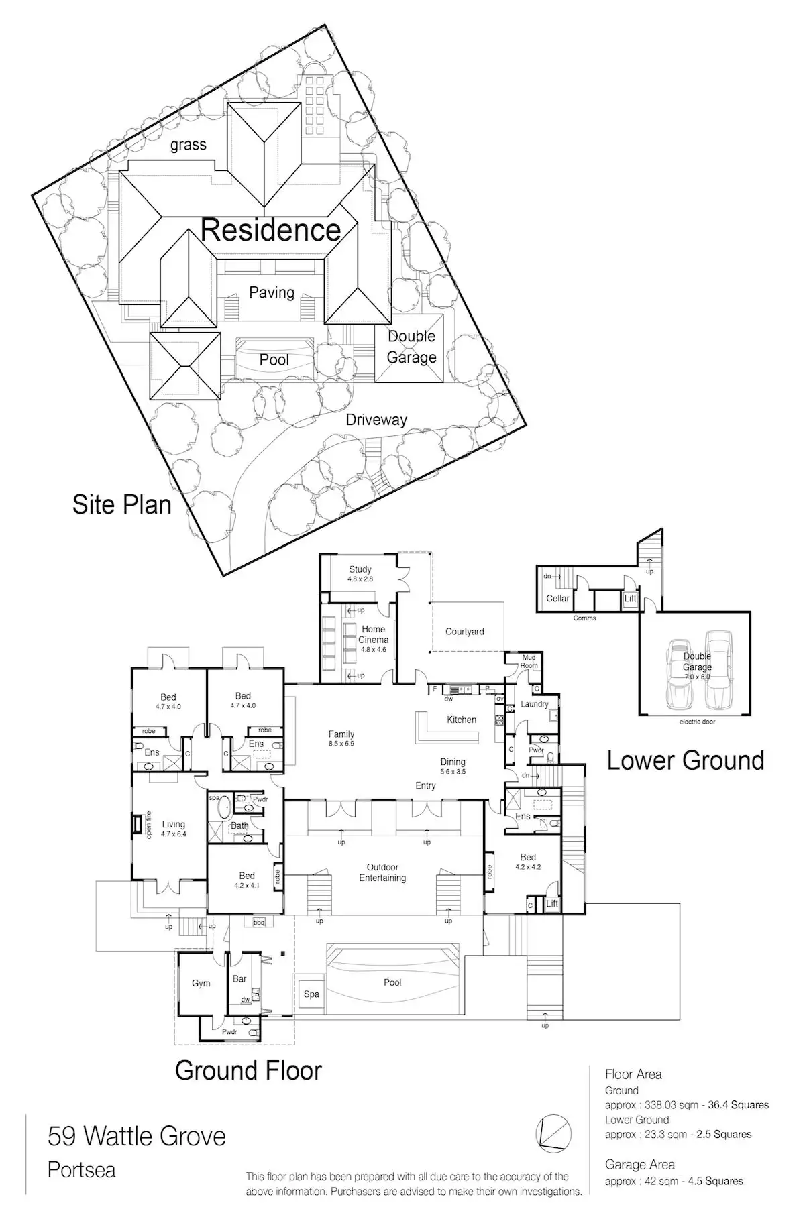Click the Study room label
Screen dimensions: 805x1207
coord(360,569)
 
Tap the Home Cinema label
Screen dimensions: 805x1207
coord(373,634)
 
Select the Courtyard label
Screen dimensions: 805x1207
coord(464,632)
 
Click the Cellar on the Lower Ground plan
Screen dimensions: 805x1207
coord(557,598)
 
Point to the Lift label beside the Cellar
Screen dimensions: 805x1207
coord(630,599)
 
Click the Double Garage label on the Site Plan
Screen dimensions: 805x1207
coord(411,347)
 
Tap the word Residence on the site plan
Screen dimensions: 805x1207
coord(271,230)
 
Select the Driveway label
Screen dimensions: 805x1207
coord(376,420)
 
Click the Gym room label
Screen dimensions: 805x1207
coord(201,983)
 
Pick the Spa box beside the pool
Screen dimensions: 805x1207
coord(311,994)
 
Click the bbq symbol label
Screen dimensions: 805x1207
coord(259,923)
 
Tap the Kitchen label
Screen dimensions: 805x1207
coord(462,720)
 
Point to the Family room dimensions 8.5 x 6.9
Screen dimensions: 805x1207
coord(341,744)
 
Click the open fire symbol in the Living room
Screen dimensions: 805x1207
coord(138,823)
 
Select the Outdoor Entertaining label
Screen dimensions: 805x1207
coord(382,872)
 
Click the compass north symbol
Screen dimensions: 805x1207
coord(553,1133)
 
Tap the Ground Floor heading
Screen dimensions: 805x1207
coord(248,1070)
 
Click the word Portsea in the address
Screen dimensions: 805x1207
coord(82,1170)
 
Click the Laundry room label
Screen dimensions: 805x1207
coord(535,704)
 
